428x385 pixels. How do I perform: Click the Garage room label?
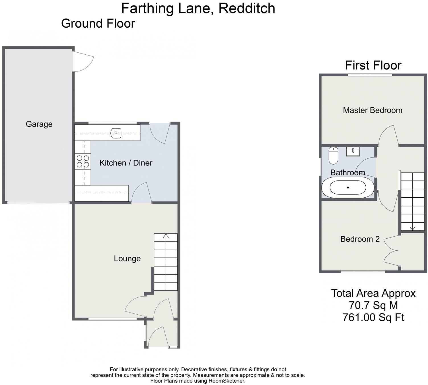(x=39, y=124)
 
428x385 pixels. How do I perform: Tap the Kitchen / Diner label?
(x=126, y=163)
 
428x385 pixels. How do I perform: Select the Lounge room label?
(x=127, y=259)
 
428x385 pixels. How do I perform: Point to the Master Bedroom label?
(x=373, y=110)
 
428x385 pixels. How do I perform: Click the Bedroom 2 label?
(x=360, y=239)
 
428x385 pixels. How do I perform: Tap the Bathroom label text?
(x=347, y=173)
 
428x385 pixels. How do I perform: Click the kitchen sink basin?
(x=116, y=133)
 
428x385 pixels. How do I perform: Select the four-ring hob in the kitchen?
(x=83, y=161)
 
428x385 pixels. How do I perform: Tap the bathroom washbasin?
(x=353, y=151)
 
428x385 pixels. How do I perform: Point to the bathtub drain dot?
(x=348, y=187)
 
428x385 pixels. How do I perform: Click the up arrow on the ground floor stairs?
(x=166, y=236)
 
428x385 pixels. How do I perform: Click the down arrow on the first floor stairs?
(x=412, y=228)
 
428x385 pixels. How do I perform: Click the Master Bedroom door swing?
(x=388, y=135)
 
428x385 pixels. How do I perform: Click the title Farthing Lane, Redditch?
(x=198, y=8)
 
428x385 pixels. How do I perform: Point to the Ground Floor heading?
(x=98, y=23)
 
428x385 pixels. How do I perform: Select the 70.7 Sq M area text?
(x=373, y=305)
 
